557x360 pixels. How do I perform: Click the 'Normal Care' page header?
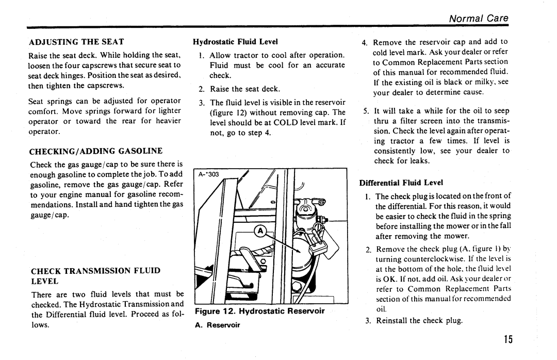click(x=479, y=18)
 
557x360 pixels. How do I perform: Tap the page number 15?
click(x=508, y=339)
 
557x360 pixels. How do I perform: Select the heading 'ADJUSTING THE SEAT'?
click(x=76, y=42)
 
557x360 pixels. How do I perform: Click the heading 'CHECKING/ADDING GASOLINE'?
click(x=96, y=151)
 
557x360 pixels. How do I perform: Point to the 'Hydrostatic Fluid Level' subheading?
click(x=235, y=42)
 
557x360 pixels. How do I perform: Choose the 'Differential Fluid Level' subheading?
click(x=401, y=183)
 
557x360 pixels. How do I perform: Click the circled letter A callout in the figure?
click(x=260, y=231)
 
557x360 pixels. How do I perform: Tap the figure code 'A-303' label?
click(x=208, y=174)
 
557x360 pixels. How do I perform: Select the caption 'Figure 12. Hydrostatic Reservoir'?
click(x=260, y=311)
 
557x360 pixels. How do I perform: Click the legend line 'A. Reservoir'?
click(x=218, y=325)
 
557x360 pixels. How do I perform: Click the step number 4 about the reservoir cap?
click(x=364, y=43)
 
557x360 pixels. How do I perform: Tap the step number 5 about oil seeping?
click(x=366, y=111)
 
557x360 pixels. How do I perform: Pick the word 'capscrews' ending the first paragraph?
click(x=106, y=86)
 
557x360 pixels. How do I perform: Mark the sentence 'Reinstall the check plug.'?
click(x=419, y=321)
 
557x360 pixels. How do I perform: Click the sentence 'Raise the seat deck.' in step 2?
click(x=245, y=89)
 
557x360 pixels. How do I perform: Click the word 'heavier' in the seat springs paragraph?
click(x=168, y=121)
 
